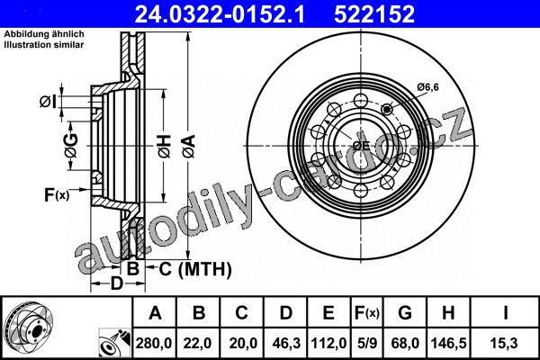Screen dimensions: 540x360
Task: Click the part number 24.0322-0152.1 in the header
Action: [x=220, y=14]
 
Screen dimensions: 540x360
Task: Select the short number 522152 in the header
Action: [x=374, y=14]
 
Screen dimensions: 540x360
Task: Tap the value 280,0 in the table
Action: [x=154, y=343]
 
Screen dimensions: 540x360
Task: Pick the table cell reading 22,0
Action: [x=197, y=343]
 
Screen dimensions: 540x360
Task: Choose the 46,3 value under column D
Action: [x=286, y=343]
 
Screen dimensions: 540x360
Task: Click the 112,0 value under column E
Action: [x=328, y=343]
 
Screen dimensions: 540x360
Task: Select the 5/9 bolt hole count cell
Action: [x=367, y=343]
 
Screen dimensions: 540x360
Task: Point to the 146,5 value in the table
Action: [x=449, y=343]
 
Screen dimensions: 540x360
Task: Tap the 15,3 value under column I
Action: [x=505, y=343]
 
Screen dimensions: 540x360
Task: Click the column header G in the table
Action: [x=405, y=313]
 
